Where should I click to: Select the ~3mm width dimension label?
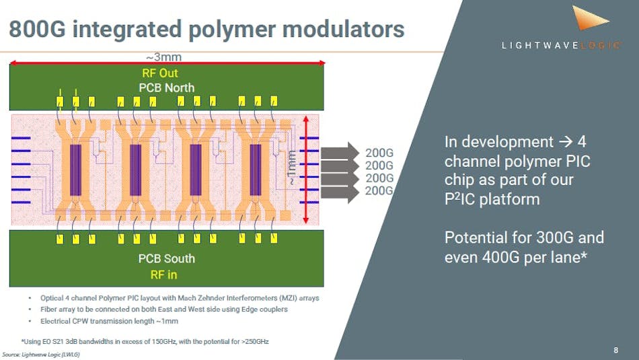pos(163,57)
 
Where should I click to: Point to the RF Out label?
pos(160,73)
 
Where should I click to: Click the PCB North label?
pos(166,87)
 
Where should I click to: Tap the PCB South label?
pos(166,258)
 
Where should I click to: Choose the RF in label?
pos(160,274)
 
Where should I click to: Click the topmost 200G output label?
pos(379,153)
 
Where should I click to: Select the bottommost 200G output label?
pos(379,191)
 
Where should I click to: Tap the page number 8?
pos(615,350)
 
